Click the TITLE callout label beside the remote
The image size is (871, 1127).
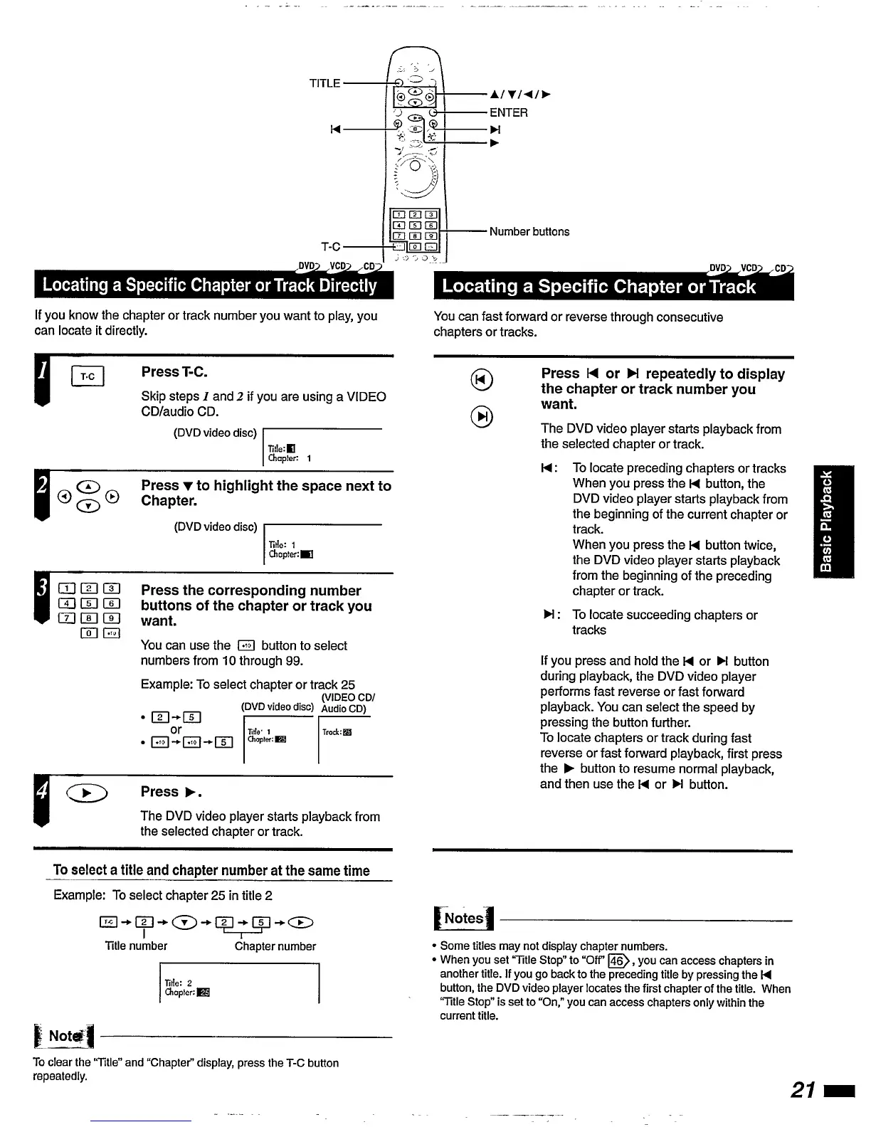(x=324, y=83)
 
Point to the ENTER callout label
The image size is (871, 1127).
(x=508, y=112)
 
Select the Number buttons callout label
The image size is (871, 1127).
(x=529, y=231)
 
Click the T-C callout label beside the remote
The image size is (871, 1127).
(x=330, y=247)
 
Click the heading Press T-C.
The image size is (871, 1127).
(x=174, y=371)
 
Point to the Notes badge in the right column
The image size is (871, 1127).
(x=463, y=919)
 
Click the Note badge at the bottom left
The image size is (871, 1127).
(x=64, y=1036)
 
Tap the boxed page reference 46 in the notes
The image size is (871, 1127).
(x=620, y=961)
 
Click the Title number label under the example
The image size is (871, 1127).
(x=136, y=946)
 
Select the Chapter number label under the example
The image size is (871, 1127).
(x=275, y=946)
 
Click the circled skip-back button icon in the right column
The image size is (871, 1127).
(x=481, y=381)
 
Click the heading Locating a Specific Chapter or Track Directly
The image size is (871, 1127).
(x=210, y=285)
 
